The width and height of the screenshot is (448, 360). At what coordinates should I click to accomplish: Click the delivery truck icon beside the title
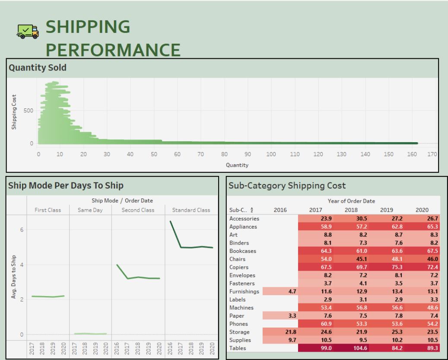coord(27,31)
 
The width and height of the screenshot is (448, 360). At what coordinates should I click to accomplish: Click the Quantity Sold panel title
coord(38,67)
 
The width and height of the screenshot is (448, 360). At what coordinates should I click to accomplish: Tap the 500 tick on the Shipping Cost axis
coord(28,111)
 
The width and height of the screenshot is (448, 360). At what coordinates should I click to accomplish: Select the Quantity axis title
coord(237,165)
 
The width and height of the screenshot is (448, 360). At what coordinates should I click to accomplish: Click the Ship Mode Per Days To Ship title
coord(66,185)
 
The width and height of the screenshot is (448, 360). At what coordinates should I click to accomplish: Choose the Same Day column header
coord(90,210)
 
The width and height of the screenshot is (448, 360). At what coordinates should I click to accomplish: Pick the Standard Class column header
coord(191,210)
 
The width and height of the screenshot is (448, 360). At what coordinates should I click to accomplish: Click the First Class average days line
coord(48,296)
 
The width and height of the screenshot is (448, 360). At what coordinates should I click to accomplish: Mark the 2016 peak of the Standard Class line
coord(170,221)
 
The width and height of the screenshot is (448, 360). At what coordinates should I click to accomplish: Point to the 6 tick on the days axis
coord(21,230)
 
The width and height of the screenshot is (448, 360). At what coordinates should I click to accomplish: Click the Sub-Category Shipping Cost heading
coord(287,186)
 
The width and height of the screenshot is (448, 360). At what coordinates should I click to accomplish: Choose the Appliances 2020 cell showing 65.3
coord(422,226)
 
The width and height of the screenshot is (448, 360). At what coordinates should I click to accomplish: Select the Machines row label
coord(242,308)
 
